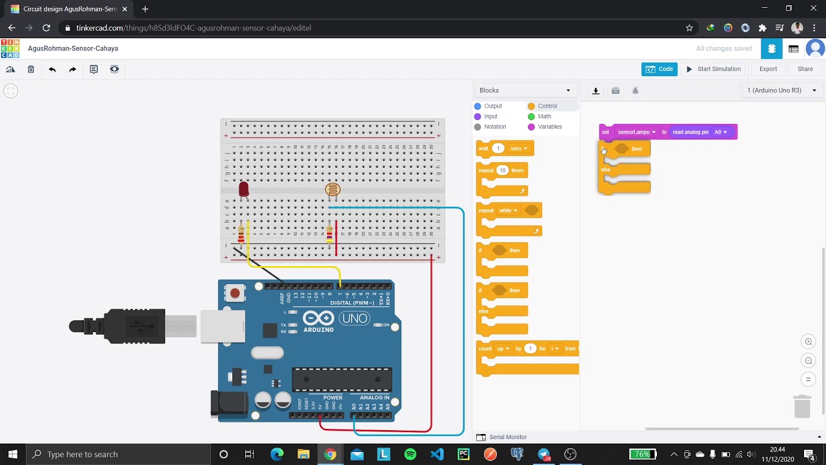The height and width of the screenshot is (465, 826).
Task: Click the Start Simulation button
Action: [x=713, y=69]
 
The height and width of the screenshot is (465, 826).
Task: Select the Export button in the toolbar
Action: [x=768, y=69]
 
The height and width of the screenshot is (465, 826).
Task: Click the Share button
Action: [x=805, y=69]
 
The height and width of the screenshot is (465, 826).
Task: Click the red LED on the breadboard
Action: [x=243, y=189]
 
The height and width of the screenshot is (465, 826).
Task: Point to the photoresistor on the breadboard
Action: [x=332, y=189]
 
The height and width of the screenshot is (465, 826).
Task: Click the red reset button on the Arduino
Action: [x=235, y=293]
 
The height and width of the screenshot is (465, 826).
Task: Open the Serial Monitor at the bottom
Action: [x=507, y=437]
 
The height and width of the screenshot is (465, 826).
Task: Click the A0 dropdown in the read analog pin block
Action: [x=720, y=132]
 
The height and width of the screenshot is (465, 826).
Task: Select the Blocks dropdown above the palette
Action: [x=525, y=90]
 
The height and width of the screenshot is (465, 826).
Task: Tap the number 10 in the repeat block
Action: [x=502, y=170]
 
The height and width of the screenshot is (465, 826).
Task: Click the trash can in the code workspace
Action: [x=801, y=406]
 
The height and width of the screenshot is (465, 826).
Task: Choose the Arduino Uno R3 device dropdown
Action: [x=781, y=90]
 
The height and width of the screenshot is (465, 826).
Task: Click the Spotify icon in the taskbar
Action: [x=410, y=454]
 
